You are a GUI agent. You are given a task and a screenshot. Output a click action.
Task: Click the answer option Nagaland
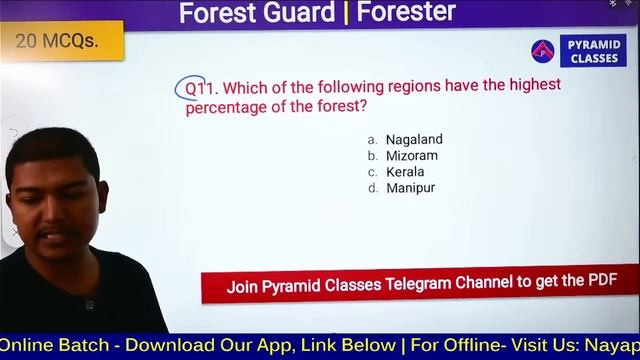point(414,140)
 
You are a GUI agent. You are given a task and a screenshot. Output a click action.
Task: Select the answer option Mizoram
point(412,156)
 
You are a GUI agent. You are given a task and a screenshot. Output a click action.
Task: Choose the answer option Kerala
point(405,172)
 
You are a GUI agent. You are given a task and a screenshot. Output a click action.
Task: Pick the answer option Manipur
point(410,188)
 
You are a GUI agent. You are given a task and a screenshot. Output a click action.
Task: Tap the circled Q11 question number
point(191,88)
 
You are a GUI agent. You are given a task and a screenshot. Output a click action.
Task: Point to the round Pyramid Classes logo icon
point(543,51)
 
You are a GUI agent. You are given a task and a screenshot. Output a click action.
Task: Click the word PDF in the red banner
point(602,281)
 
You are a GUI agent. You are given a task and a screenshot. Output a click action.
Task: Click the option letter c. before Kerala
point(373,172)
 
